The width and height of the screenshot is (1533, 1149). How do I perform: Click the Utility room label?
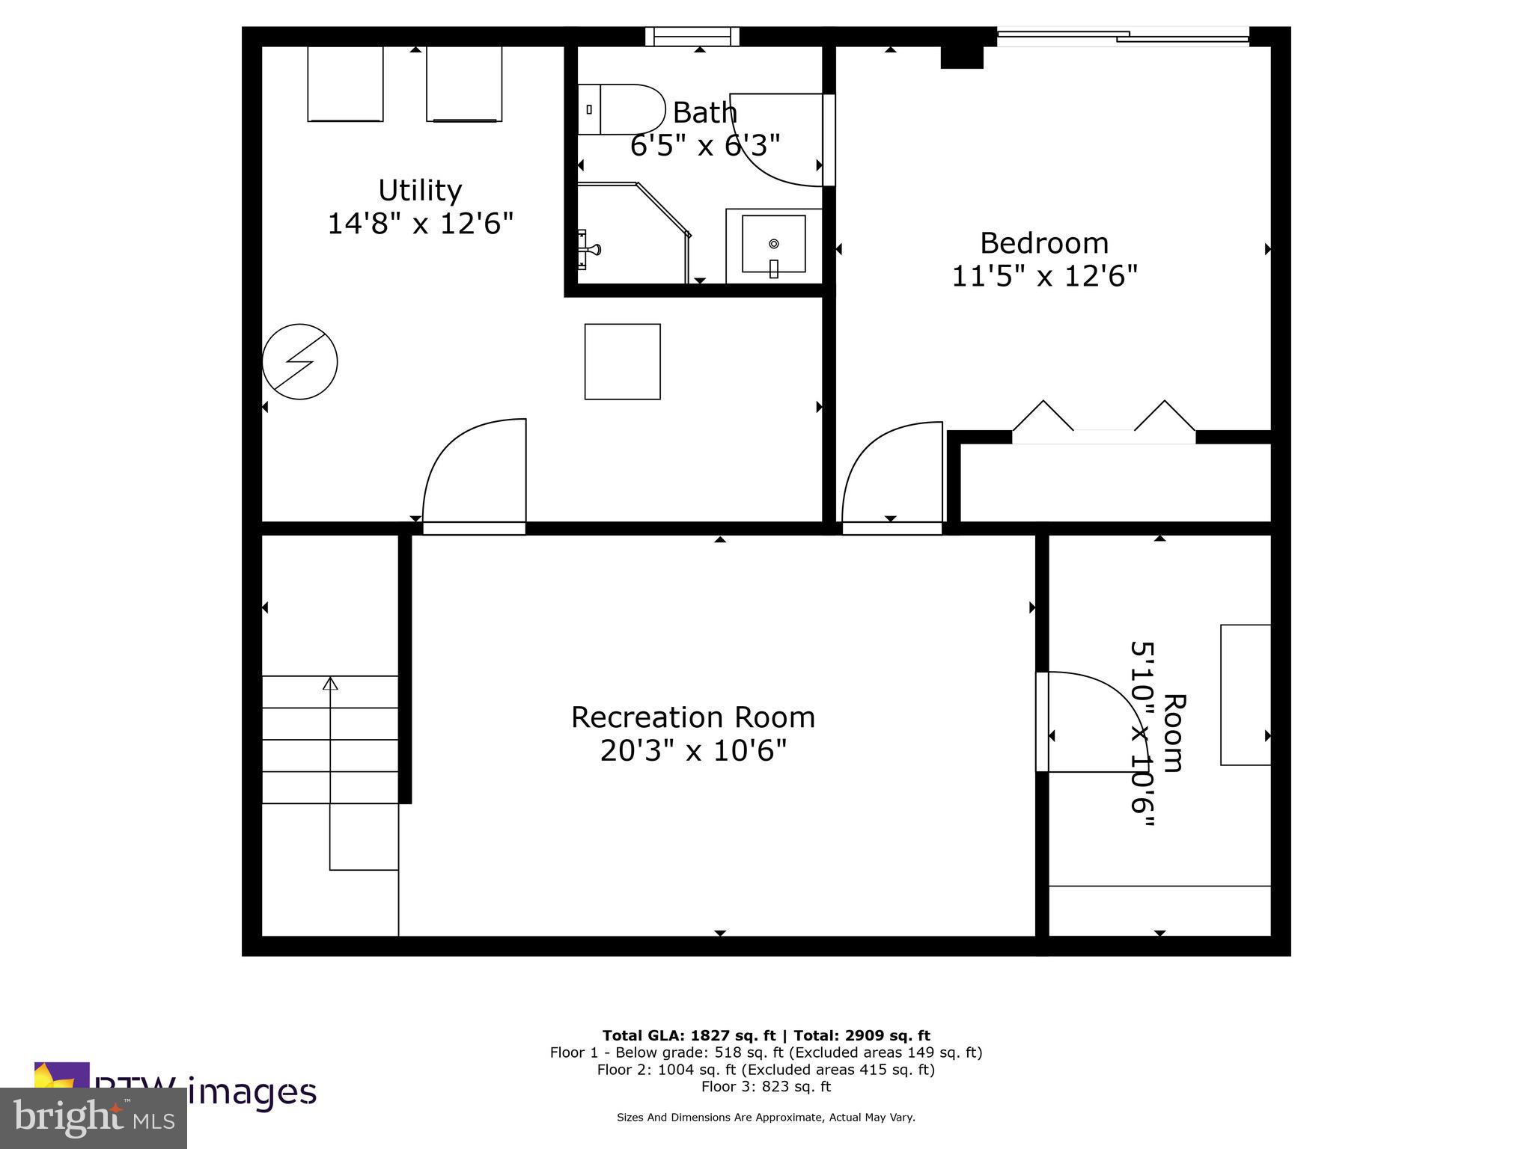click(x=419, y=191)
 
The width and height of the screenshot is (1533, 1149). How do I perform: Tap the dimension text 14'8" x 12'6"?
click(x=420, y=224)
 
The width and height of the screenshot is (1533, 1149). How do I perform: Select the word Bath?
click(x=704, y=113)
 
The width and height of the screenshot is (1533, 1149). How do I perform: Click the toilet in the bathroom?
click(x=621, y=109)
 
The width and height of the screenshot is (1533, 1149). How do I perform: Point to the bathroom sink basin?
click(x=773, y=244)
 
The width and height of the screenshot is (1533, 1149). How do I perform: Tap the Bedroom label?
click(x=1043, y=244)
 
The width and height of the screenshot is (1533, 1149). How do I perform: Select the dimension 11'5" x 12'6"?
click(x=1043, y=277)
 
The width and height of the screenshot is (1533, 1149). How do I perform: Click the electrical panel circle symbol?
click(x=299, y=361)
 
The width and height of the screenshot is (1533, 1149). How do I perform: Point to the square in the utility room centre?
click(x=622, y=361)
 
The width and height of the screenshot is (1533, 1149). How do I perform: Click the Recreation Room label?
click(x=692, y=717)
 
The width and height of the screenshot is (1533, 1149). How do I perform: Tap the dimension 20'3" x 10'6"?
click(x=692, y=750)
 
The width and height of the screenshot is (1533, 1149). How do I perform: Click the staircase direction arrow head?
click(x=330, y=683)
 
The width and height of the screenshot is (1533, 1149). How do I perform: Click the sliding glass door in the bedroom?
click(x=1123, y=35)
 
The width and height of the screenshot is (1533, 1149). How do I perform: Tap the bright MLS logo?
click(x=94, y=1118)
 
